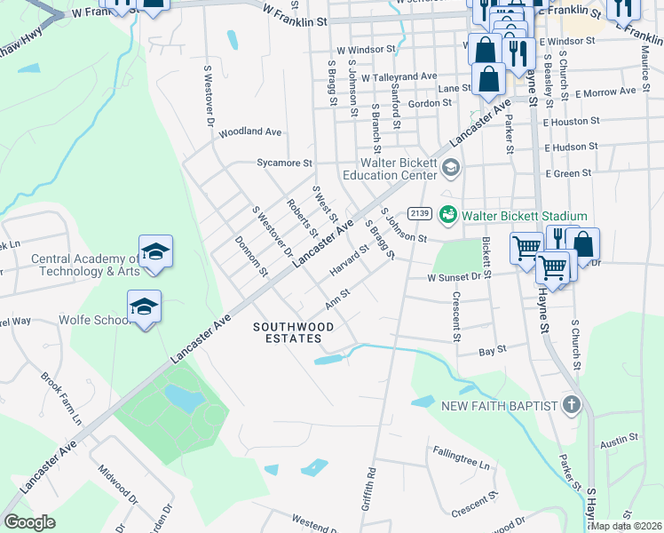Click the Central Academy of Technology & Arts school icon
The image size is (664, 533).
155,251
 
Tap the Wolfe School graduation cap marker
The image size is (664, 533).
144,306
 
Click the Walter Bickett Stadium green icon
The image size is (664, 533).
449,216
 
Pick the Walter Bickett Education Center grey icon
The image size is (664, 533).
450,167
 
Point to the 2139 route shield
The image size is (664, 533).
420,214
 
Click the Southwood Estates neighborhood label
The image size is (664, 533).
294,332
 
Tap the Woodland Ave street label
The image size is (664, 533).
250,131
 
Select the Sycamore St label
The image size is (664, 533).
284,163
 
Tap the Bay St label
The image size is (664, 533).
492,350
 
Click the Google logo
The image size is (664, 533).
30,522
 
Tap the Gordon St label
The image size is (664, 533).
430,104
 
